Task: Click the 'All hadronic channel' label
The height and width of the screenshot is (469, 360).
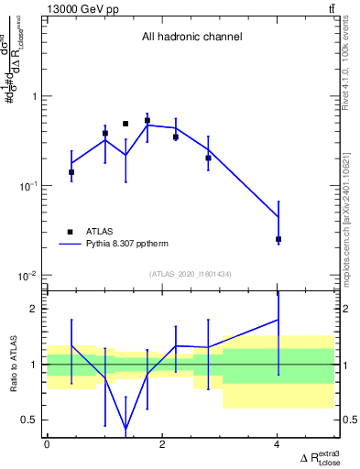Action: (x=191, y=38)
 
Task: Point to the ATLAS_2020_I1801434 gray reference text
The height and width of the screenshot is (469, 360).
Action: (x=191, y=274)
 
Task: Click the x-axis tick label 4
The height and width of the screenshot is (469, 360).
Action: (x=278, y=444)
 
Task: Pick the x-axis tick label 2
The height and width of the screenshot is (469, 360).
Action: (x=162, y=444)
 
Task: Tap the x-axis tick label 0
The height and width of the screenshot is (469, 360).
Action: (x=47, y=444)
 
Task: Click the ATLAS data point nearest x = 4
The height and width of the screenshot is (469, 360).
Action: (x=278, y=239)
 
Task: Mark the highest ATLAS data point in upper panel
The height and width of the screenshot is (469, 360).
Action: (x=147, y=120)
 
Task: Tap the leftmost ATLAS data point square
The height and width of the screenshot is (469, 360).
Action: (x=71, y=172)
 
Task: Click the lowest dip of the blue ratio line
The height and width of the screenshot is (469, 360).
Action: (x=125, y=429)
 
